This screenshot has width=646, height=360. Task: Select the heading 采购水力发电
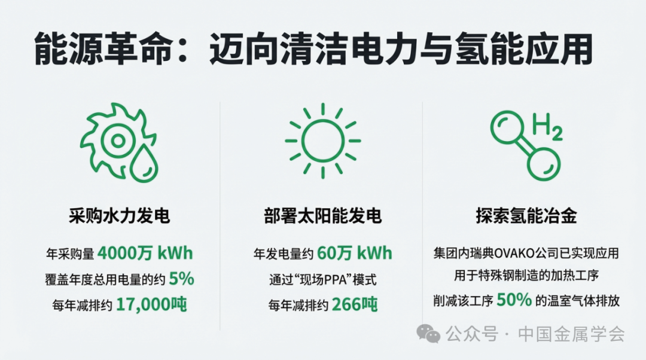(x=120, y=216)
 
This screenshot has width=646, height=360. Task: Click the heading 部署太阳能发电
(x=322, y=216)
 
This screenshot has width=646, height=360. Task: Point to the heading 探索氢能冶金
(x=526, y=216)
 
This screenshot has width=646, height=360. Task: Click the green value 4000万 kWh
(x=145, y=253)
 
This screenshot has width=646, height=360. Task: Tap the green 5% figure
(x=181, y=279)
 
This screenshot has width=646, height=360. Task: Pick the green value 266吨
(x=355, y=304)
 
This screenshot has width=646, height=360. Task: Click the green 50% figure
(x=514, y=300)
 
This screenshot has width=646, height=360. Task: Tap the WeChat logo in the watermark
(x=428, y=334)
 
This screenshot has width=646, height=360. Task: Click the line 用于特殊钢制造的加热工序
(x=526, y=276)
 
